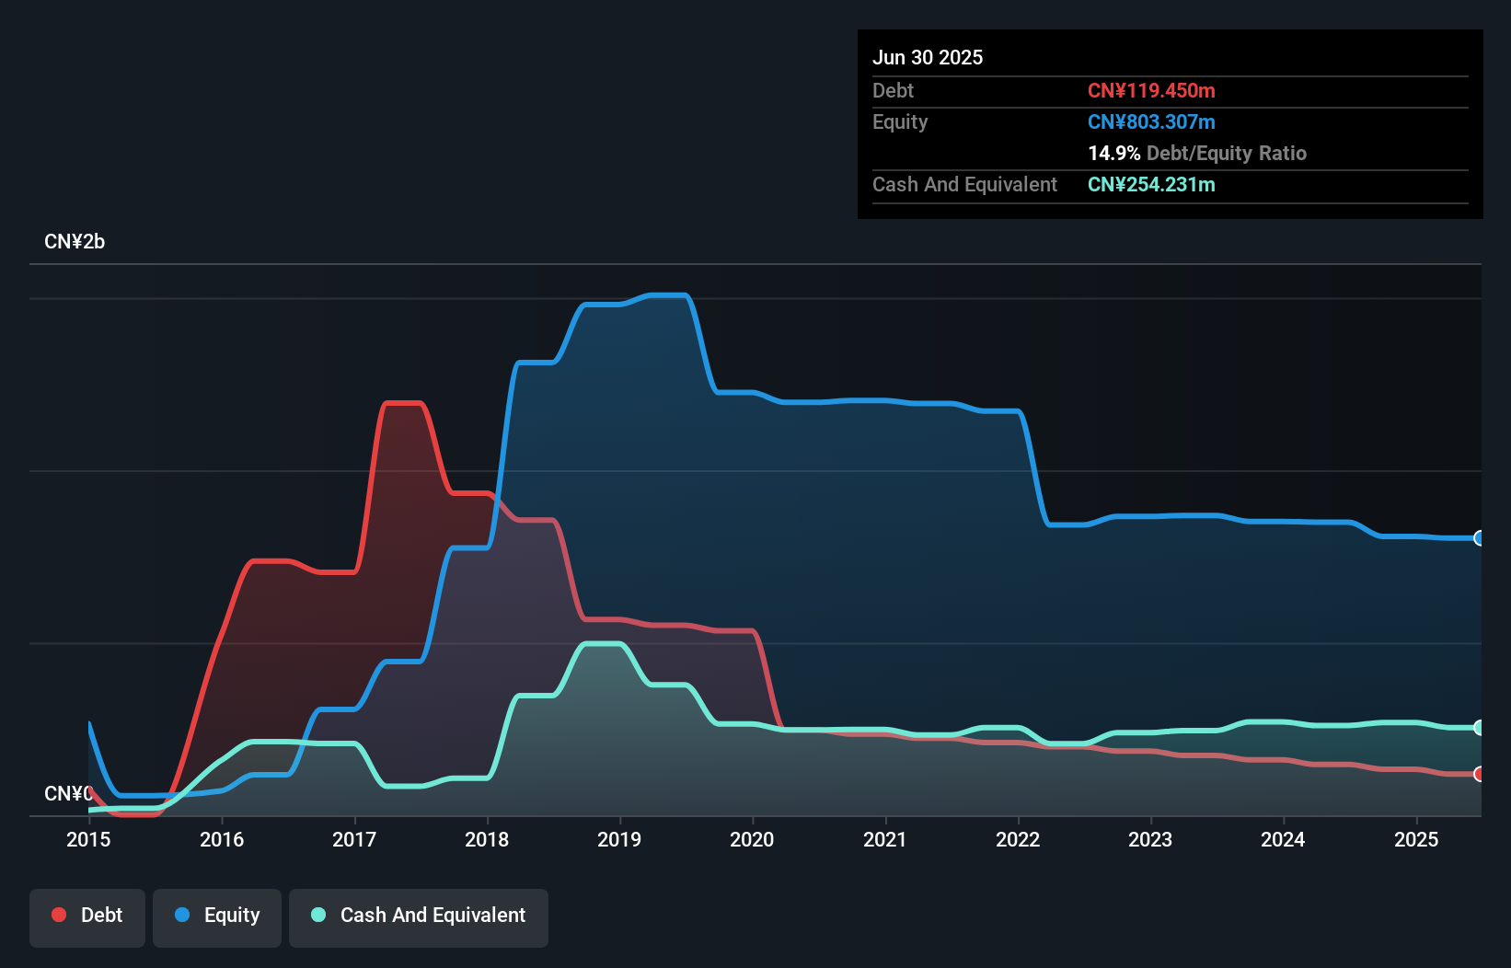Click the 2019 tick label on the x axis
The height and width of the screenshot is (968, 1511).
[x=619, y=839]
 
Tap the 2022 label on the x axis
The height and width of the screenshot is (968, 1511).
[x=1018, y=839]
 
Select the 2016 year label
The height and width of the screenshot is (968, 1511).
[x=222, y=839]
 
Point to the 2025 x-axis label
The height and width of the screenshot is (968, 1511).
[x=1416, y=839]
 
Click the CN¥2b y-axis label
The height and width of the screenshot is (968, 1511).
[x=75, y=242]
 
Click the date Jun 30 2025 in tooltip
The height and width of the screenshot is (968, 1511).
[x=928, y=57]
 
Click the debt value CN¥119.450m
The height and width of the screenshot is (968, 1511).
[x=1151, y=90]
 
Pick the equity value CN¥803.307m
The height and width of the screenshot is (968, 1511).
[x=1151, y=121]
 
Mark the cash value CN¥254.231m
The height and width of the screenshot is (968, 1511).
[x=1151, y=184]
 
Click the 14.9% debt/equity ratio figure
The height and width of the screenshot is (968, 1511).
[x=1113, y=153]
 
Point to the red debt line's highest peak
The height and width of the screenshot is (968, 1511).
[x=403, y=403]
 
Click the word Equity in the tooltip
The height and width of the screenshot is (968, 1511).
[x=900, y=121]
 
